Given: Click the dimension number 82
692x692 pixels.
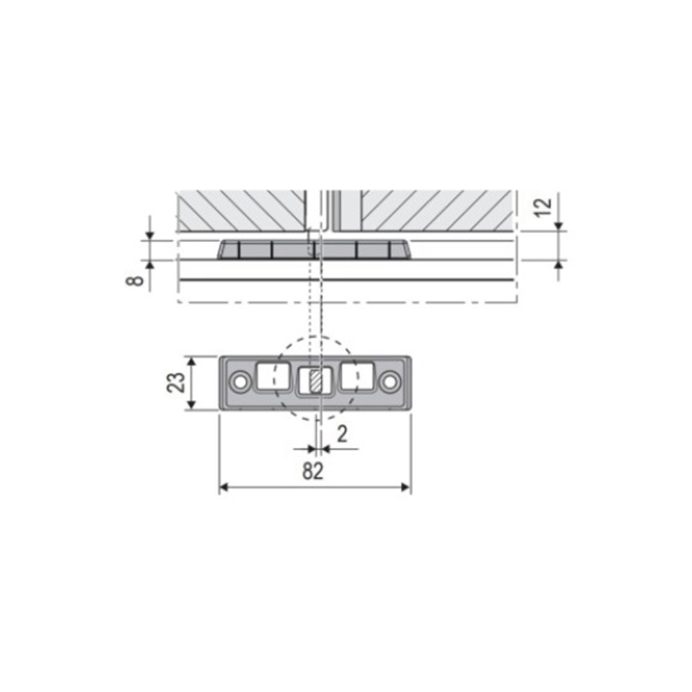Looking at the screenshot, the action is pos(313,471).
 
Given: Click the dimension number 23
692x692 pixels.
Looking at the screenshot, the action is pos(176,383).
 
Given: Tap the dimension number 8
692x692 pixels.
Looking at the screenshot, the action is pos(136,280).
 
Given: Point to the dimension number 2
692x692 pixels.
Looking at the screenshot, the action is pos(342,435).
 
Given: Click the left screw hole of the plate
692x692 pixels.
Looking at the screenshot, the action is pos(241,382).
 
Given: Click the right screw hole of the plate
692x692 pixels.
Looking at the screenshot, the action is pos(390,382).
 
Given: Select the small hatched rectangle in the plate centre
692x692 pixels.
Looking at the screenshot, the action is pos(315,382).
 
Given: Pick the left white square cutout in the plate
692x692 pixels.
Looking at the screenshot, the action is pos(273,376).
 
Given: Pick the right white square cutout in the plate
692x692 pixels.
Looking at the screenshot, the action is pos(358,376).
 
